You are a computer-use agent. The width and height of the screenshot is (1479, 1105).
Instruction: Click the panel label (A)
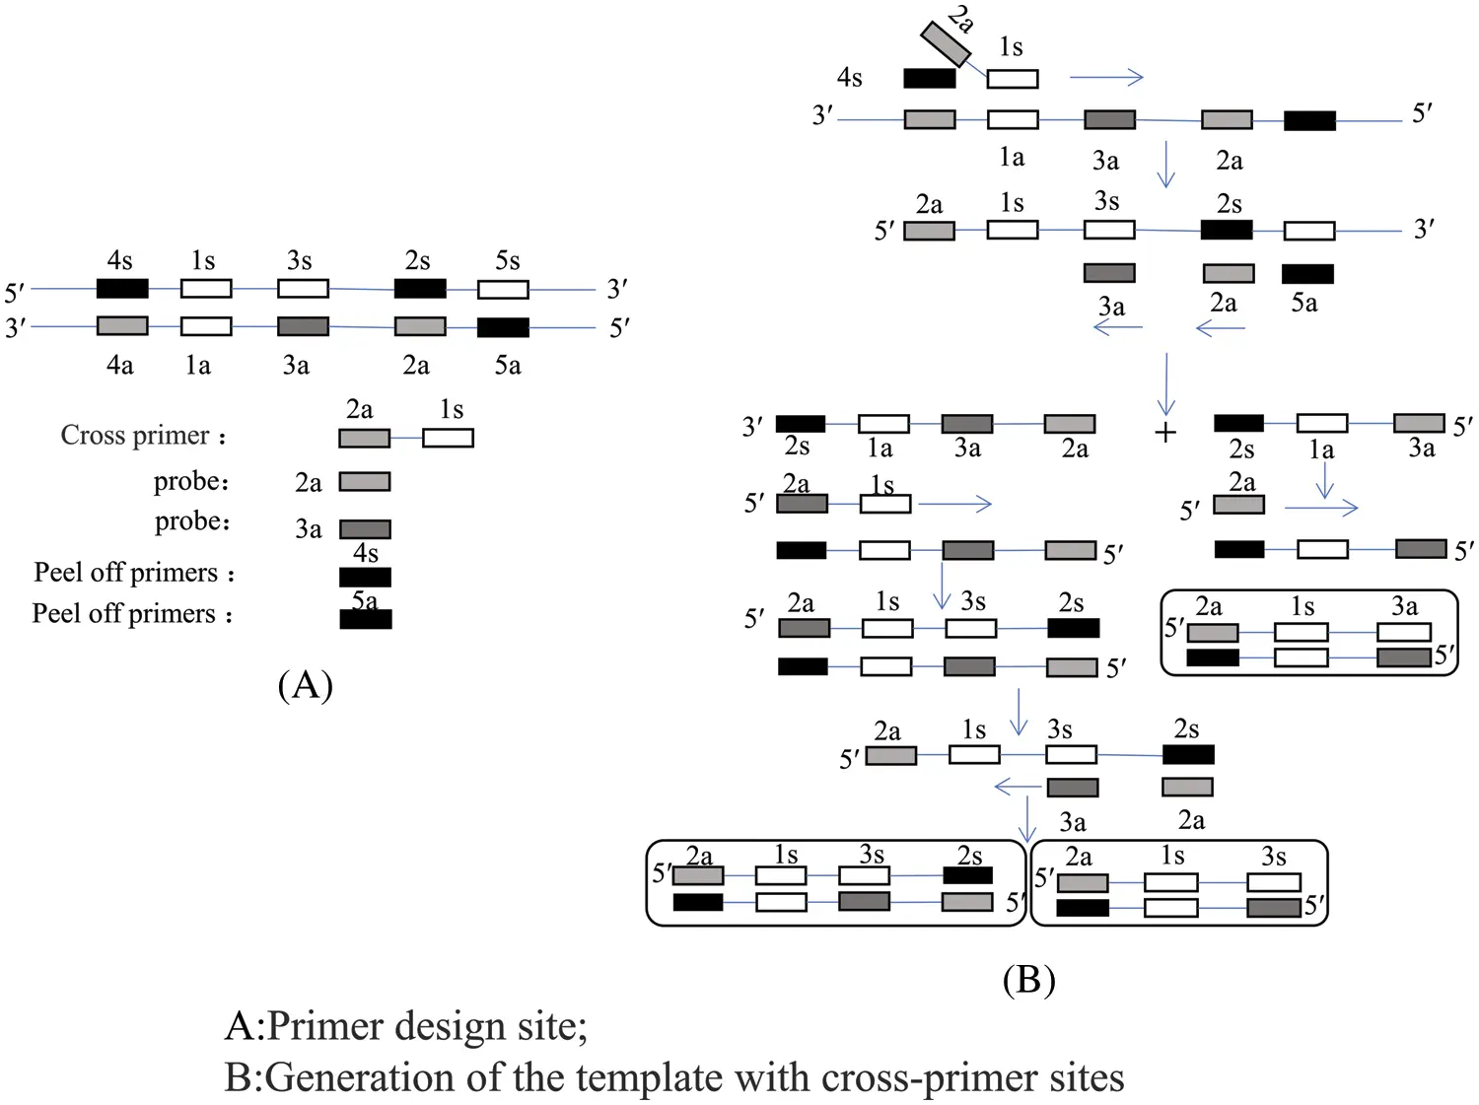pos(306,683)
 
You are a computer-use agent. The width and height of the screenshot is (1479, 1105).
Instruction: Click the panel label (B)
pos(1028,979)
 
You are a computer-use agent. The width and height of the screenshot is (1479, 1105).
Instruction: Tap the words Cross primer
pos(135,435)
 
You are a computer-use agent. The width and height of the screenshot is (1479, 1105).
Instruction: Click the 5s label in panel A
pos(507,260)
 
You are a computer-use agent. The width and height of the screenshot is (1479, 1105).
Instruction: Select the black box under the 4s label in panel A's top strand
pos(122,289)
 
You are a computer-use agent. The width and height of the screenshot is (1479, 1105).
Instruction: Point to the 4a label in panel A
pos(119,366)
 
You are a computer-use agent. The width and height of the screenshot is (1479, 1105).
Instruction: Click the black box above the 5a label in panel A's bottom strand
pos(503,327)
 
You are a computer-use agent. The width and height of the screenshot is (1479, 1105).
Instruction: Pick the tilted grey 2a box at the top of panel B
pos(946,44)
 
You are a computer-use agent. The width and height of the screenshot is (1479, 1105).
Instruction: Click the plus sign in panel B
pos(1165,432)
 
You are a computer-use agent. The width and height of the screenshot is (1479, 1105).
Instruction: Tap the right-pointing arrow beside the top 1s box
pos(1105,77)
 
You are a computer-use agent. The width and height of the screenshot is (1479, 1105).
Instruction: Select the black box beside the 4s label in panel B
pos(929,78)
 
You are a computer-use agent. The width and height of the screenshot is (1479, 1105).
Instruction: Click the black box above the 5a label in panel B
pos(1307,273)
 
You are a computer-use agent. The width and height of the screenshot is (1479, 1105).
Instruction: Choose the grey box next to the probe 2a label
pos(365,482)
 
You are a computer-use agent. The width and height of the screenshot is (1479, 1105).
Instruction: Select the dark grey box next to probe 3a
pos(365,529)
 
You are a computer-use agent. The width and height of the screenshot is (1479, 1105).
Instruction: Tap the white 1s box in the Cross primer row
pos(448,438)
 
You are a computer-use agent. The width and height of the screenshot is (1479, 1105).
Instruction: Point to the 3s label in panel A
pos(299,260)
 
